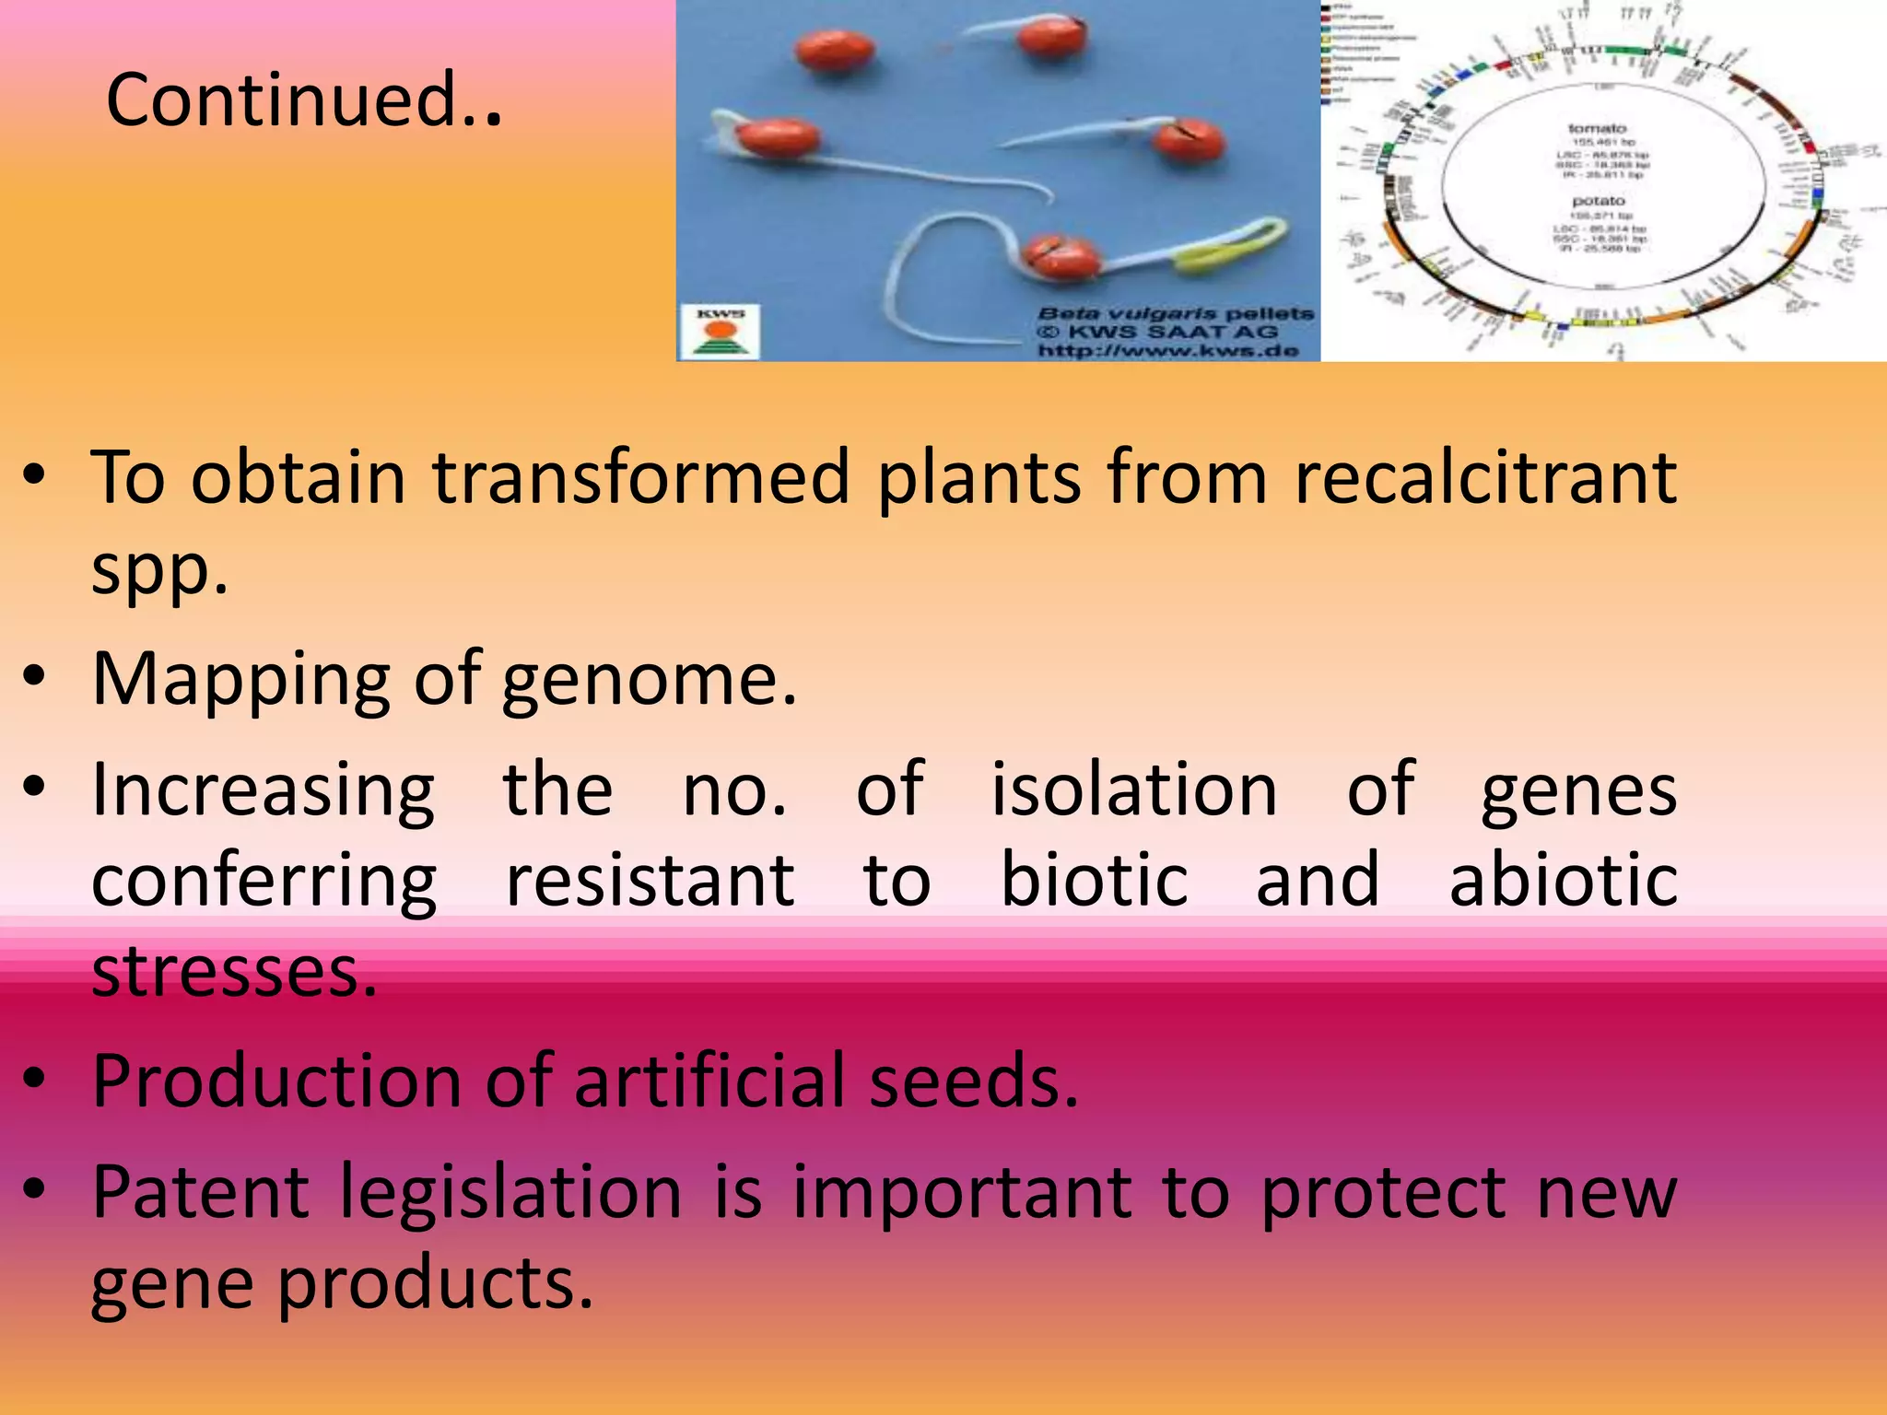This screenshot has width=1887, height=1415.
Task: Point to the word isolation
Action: point(1133,790)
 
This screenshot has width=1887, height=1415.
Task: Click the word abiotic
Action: point(1563,881)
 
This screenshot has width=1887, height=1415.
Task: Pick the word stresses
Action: point(234,971)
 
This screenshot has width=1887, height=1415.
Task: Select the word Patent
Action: point(201,1192)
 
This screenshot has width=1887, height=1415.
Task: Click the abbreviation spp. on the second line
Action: point(159,571)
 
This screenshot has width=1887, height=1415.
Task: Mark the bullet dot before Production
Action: point(34,1080)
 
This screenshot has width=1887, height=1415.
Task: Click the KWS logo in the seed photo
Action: point(720,333)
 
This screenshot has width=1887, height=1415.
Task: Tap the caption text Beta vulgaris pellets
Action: point(1176,314)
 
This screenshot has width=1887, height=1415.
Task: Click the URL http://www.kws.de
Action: point(1168,351)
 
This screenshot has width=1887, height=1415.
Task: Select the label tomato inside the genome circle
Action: point(1597,128)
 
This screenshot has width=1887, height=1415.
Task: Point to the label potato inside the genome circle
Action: point(1599,201)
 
